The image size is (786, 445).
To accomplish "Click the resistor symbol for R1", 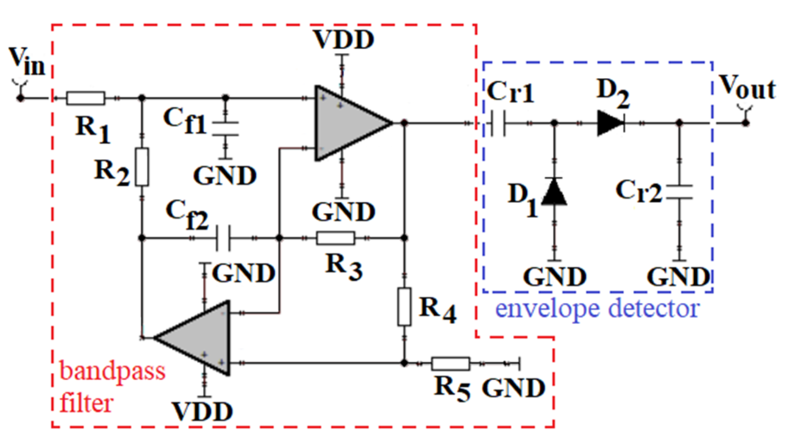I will tap(86, 99).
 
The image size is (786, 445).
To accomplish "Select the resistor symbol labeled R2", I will tap(142, 167).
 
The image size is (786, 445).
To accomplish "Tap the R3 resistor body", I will tap(336, 238).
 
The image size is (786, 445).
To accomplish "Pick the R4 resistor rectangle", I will tap(404, 307).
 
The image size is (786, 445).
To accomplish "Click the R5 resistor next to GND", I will tap(450, 364).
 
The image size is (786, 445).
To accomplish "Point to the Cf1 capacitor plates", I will tap(225, 129).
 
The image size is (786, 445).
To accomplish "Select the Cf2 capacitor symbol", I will tap(223, 238).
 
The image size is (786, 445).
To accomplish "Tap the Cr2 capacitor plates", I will tap(679, 192).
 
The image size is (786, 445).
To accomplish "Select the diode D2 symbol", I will tap(611, 124).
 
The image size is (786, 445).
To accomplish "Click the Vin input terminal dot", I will tap(20, 99).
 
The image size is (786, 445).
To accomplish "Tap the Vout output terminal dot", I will tap(746, 124).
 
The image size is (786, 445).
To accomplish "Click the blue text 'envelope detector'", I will tap(597, 309).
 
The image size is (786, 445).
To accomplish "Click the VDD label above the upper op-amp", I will tap(344, 40).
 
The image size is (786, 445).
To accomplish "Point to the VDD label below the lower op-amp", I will tap(203, 412).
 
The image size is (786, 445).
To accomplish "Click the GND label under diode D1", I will tap(555, 277).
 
